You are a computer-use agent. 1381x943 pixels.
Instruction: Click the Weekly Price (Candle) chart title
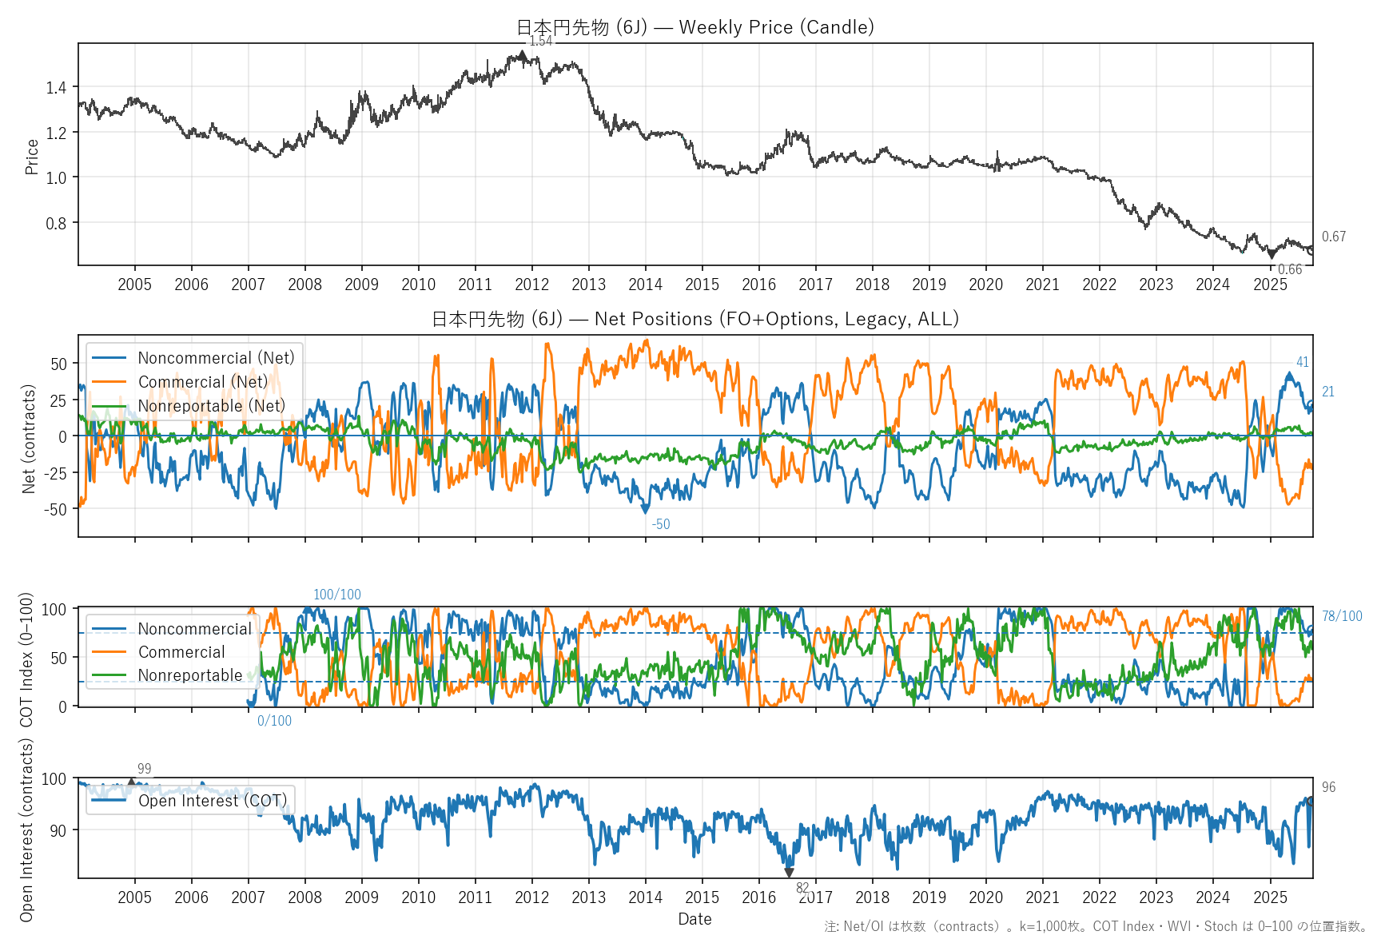coord(694,27)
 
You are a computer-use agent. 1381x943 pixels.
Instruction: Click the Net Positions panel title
coord(694,319)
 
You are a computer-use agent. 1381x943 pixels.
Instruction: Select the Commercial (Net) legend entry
coord(203,382)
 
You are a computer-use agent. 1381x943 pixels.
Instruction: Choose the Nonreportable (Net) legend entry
coord(211,406)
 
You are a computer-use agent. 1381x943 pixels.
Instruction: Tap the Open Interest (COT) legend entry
coord(212,801)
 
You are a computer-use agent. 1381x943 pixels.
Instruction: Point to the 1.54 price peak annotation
coord(541,41)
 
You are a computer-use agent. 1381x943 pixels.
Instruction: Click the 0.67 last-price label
coord(1333,237)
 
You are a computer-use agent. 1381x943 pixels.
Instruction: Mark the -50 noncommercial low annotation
coord(661,524)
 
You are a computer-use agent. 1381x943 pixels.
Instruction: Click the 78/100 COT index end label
coord(1342,616)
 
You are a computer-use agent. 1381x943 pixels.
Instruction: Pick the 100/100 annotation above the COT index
coord(336,595)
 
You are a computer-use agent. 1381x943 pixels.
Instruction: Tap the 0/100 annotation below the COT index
coord(274,721)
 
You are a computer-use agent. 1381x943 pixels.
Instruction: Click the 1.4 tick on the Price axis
coord(56,87)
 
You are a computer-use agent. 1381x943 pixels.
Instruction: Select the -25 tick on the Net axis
coord(54,472)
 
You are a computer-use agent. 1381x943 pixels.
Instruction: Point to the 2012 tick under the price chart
coord(531,284)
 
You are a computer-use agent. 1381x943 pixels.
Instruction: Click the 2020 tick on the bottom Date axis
coord(985,897)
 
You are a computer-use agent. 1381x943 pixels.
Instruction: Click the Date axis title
coord(694,919)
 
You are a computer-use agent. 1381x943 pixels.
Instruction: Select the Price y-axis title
coord(32,157)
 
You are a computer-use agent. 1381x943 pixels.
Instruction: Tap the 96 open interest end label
coord(1328,787)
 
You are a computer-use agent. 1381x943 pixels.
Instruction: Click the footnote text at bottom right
coord(1096,926)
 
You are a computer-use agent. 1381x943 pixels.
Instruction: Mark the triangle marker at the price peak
coord(522,55)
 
